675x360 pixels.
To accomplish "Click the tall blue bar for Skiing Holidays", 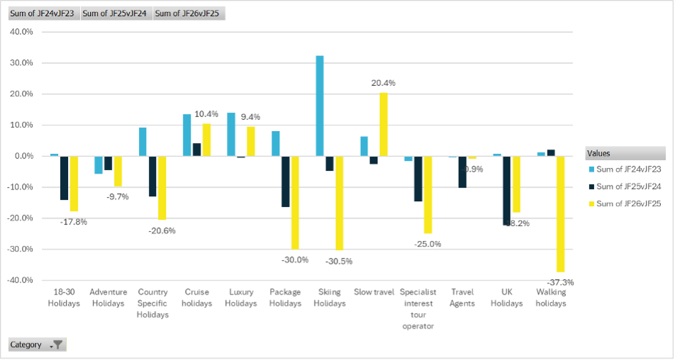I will pos(320,106).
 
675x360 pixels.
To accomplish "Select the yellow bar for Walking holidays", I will pos(560,213).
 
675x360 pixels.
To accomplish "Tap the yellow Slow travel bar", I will pos(384,124).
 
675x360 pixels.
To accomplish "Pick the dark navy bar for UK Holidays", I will pos(506,190).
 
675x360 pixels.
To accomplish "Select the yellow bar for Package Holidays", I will pos(295,202).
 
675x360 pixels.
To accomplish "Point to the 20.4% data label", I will pos(384,83).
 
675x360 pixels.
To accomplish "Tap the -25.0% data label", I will pos(428,244).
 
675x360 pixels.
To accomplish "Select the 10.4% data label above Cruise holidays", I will pos(206,113).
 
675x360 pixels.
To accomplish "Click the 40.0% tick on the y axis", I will pos(22,32).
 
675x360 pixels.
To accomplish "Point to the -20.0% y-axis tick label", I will pos(21,218).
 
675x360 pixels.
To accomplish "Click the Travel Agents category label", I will pos(462,298).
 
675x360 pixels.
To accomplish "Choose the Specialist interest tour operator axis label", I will pos(418,309).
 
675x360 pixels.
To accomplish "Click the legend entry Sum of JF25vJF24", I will pos(628,186).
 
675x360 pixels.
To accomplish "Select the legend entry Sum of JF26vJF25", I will pos(628,204).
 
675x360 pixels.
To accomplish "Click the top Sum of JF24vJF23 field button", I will pos(42,13).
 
